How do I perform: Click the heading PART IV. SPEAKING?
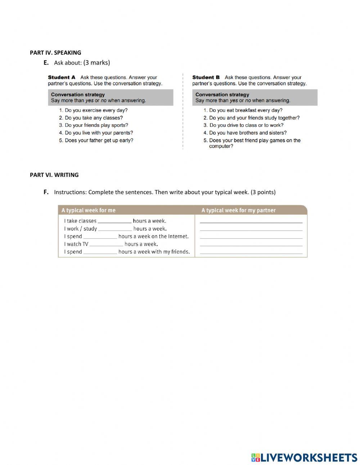(x=55, y=53)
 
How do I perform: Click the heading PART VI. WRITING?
(x=54, y=175)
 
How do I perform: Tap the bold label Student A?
(x=62, y=77)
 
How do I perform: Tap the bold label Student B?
(x=206, y=77)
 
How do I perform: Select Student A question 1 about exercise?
(x=93, y=111)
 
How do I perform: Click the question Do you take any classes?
(x=91, y=118)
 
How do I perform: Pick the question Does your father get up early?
(x=96, y=140)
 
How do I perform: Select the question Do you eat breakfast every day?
(x=243, y=111)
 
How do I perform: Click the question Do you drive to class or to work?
(x=243, y=125)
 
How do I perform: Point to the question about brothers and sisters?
(x=245, y=133)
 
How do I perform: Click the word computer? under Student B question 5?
(x=221, y=147)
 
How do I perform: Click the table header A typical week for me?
(x=89, y=210)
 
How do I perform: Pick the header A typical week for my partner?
(x=238, y=210)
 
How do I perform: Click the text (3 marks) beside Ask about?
(x=96, y=63)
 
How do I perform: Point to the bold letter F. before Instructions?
(x=46, y=192)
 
